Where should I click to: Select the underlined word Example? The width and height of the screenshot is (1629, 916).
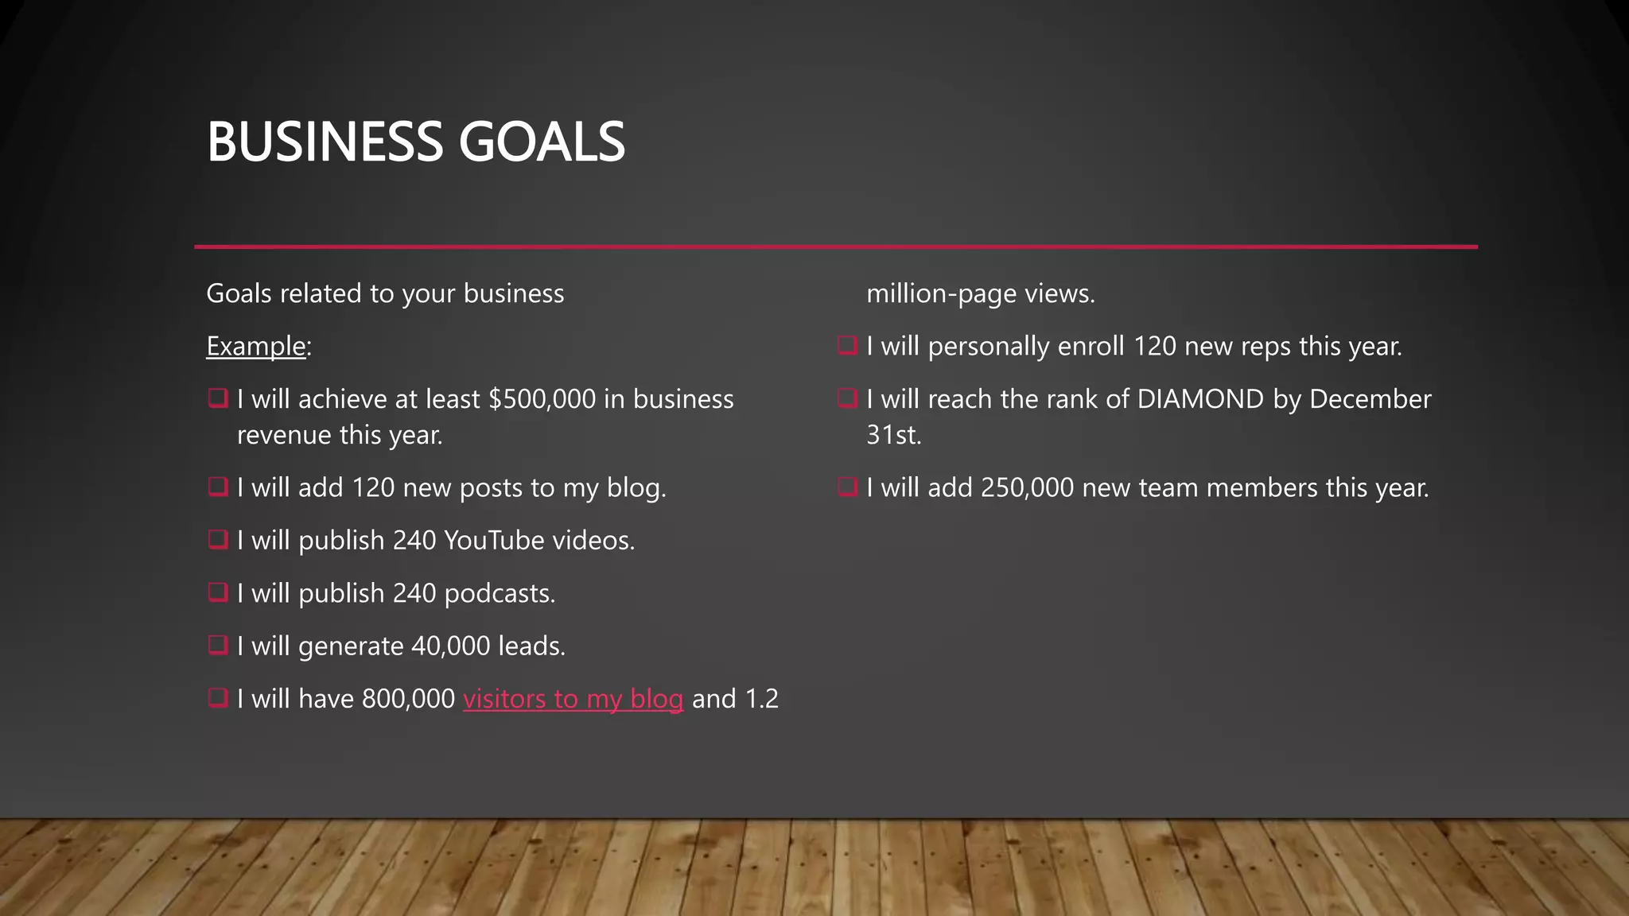pyautogui.click(x=256, y=347)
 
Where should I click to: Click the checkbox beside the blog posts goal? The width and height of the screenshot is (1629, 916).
pyautogui.click(x=217, y=487)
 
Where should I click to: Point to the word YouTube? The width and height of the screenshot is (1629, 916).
pyautogui.click(x=493, y=541)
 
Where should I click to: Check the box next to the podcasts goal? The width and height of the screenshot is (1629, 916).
pyautogui.click(x=217, y=592)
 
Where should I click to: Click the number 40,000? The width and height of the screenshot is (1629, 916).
pyautogui.click(x=450, y=646)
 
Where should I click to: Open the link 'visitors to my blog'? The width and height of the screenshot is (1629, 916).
pyautogui.click(x=573, y=699)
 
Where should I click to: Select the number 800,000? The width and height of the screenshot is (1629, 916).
pyautogui.click(x=408, y=699)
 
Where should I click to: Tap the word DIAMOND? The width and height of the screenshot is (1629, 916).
pyautogui.click(x=1200, y=399)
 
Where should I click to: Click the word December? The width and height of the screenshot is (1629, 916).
pyautogui.click(x=1370, y=399)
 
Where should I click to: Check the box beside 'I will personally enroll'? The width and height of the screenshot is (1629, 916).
pyautogui.click(x=847, y=346)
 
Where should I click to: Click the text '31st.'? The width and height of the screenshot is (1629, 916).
pyautogui.click(x=893, y=435)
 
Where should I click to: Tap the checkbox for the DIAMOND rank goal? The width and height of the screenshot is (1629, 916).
pyautogui.click(x=847, y=398)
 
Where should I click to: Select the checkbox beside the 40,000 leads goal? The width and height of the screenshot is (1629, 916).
pyautogui.click(x=217, y=645)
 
